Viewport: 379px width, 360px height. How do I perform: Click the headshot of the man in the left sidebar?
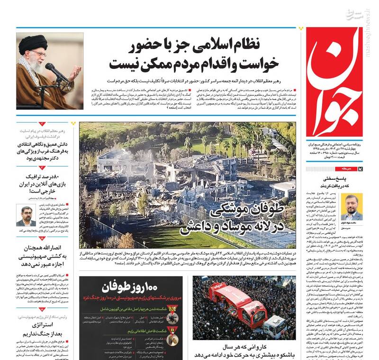coord(26,216)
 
